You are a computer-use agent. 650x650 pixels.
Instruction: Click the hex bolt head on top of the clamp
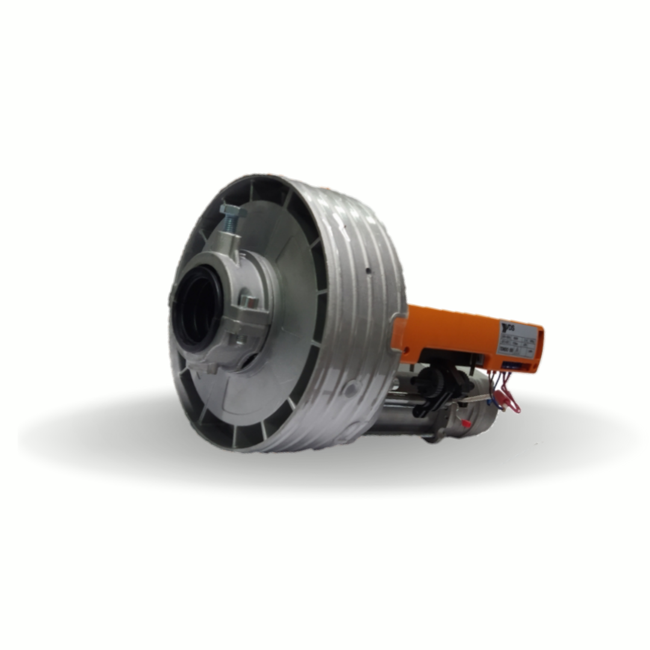(232, 211)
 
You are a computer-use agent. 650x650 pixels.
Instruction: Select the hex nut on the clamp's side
(249, 301)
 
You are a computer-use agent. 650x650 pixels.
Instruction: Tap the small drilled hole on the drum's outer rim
(367, 271)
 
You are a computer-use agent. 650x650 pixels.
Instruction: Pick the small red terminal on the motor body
(465, 423)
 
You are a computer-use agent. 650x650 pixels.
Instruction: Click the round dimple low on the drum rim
(350, 391)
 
